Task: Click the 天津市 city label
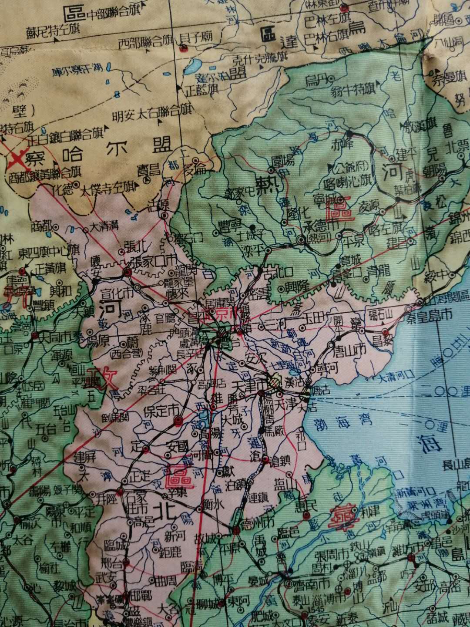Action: pos(248,386)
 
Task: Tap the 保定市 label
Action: pos(157,410)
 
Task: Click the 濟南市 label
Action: pos(307,583)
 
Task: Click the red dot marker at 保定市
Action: pos(178,420)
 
